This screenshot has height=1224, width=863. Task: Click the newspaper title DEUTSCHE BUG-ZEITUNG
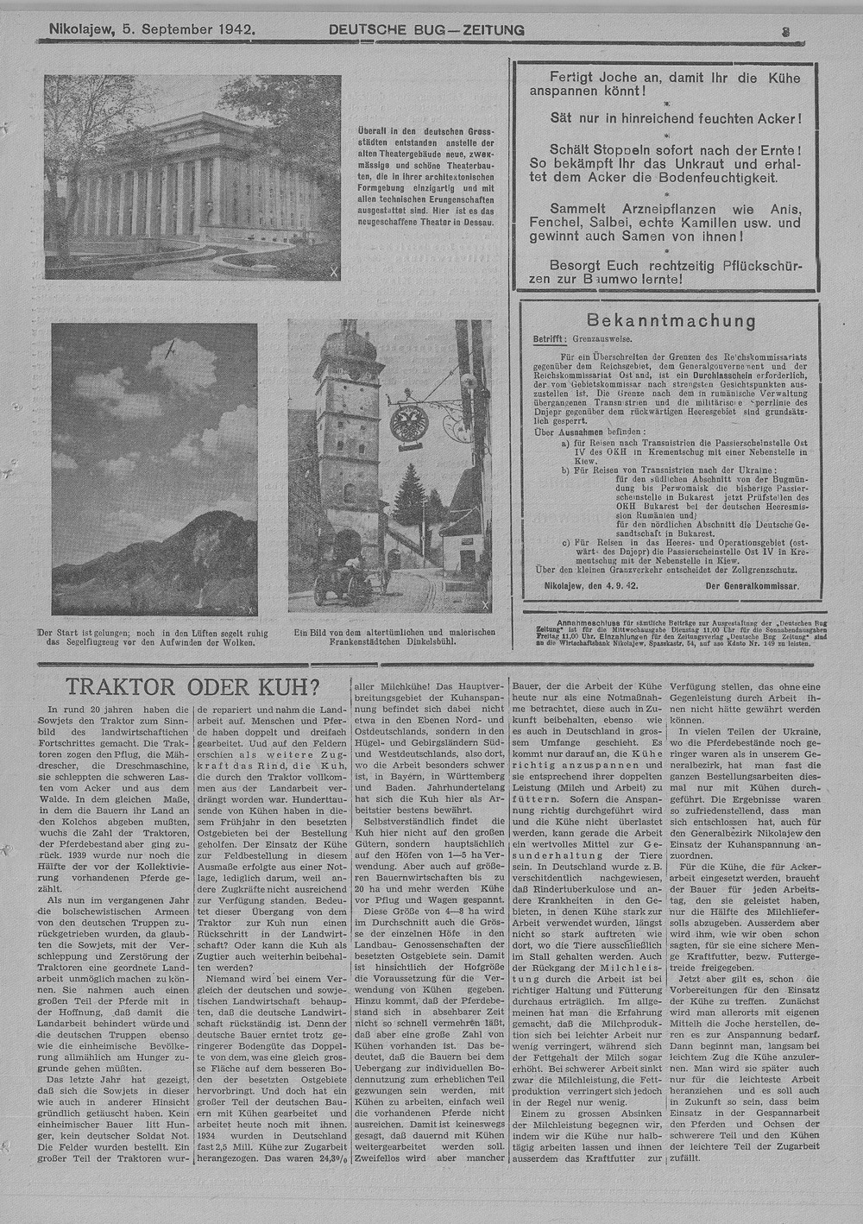(x=426, y=30)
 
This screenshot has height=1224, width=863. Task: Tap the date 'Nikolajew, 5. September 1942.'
(x=152, y=29)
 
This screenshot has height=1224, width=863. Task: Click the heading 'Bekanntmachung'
(x=671, y=321)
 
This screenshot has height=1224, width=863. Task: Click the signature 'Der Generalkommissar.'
(x=752, y=586)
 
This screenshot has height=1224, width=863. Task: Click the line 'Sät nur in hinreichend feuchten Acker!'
(x=676, y=118)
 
